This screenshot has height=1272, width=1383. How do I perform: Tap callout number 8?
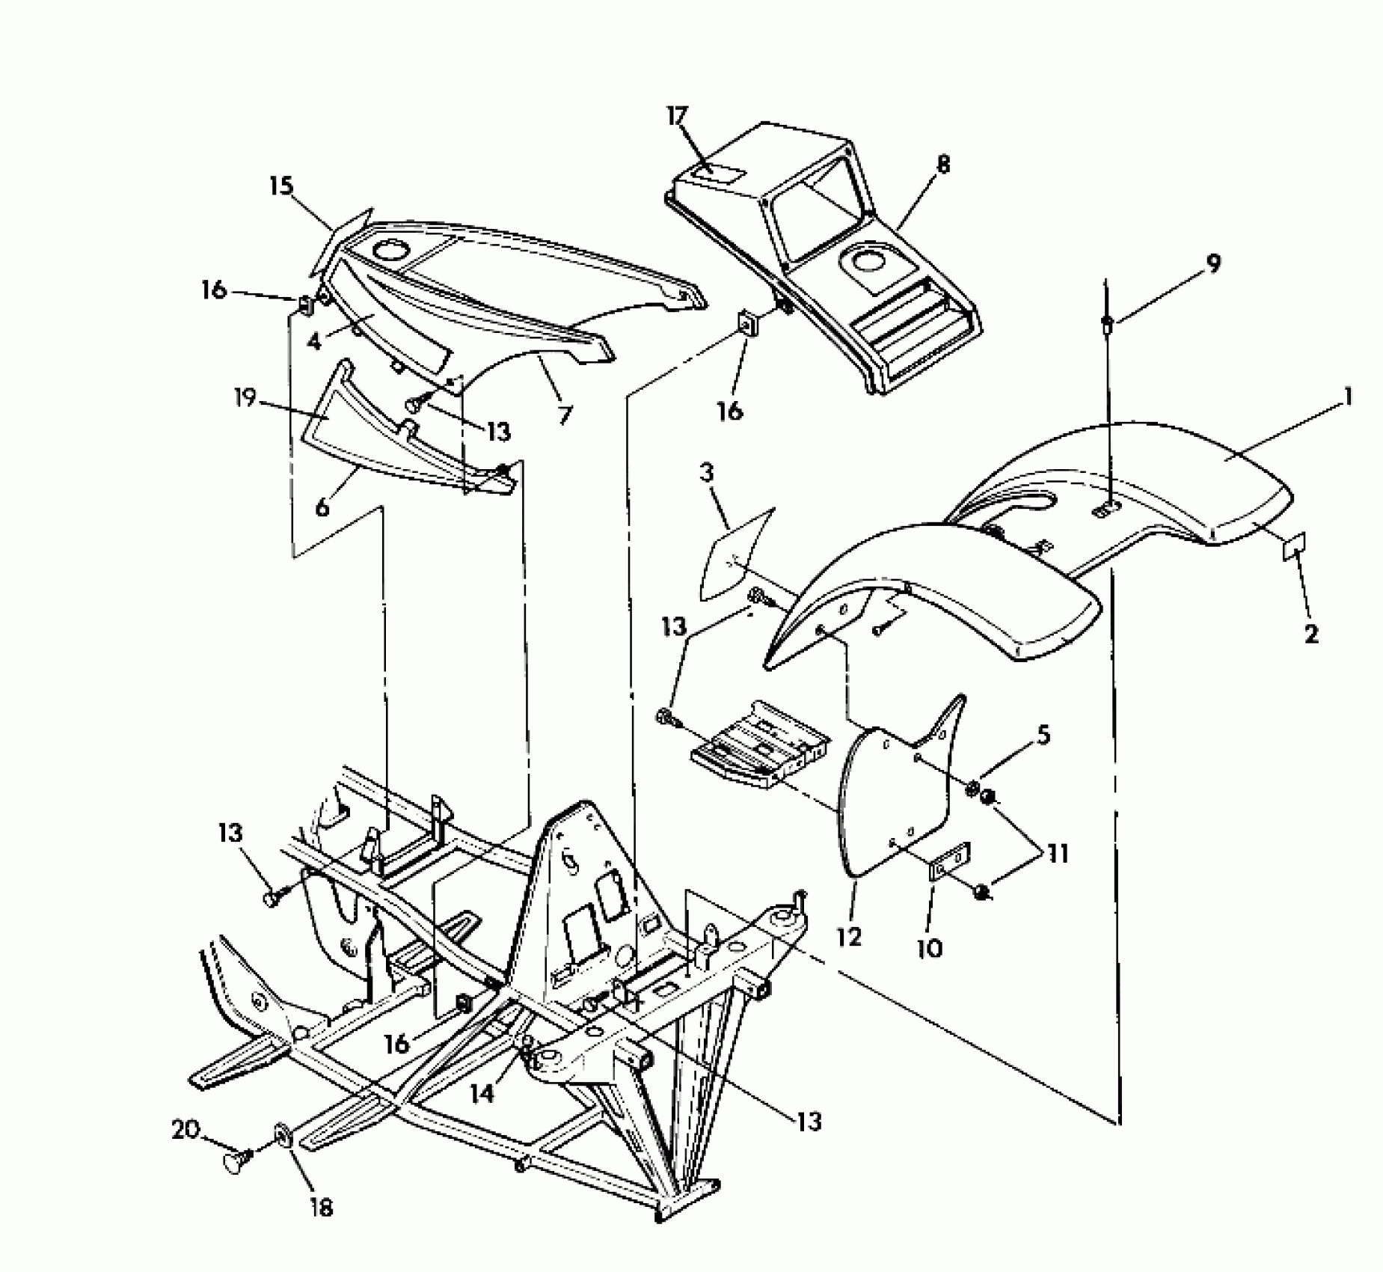942,164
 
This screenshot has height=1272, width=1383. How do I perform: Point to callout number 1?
1348,397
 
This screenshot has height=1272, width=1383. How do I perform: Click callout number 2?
1310,635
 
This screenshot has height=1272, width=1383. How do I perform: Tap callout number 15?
282,186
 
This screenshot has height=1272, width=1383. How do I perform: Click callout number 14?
482,1094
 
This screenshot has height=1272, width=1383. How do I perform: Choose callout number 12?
850,937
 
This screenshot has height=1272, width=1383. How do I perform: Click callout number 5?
1042,736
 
